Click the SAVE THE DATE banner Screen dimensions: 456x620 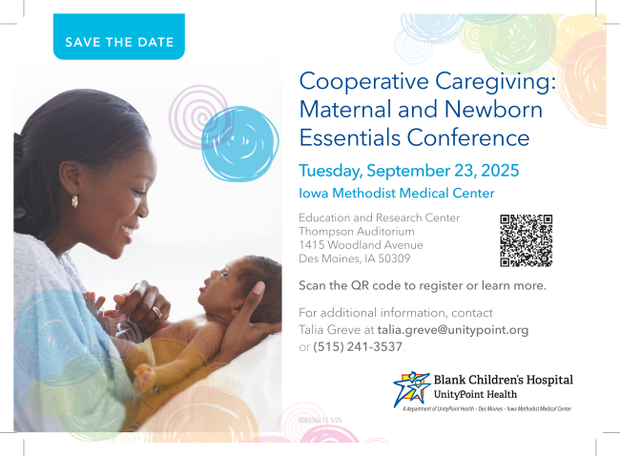tap(119, 42)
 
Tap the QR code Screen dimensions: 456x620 tap(527, 240)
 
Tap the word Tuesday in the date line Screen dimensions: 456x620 tap(335, 172)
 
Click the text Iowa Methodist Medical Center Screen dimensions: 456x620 tap(397, 194)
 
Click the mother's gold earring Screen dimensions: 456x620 tap(74, 201)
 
